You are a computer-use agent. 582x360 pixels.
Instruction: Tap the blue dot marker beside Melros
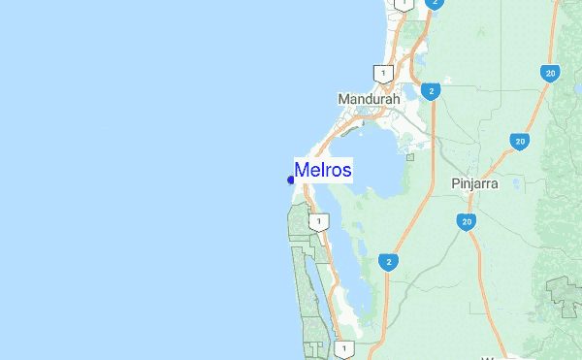(x=291, y=180)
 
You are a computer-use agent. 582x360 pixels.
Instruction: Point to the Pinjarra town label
(x=474, y=182)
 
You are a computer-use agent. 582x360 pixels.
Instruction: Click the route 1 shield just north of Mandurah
(x=383, y=74)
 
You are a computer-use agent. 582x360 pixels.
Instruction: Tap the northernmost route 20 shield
(x=551, y=72)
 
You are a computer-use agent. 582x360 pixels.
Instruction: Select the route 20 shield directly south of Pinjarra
(x=467, y=223)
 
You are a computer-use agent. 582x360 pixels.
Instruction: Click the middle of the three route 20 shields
(x=520, y=142)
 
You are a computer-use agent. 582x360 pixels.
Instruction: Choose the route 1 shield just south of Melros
(x=317, y=222)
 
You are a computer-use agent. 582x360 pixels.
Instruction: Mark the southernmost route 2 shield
(x=389, y=261)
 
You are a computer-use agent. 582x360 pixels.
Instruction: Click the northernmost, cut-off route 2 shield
(x=433, y=4)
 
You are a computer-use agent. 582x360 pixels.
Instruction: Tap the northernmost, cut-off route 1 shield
(x=401, y=4)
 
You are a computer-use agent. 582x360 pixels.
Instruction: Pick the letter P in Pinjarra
(x=456, y=182)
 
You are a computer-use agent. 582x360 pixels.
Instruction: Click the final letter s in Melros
(x=347, y=171)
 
